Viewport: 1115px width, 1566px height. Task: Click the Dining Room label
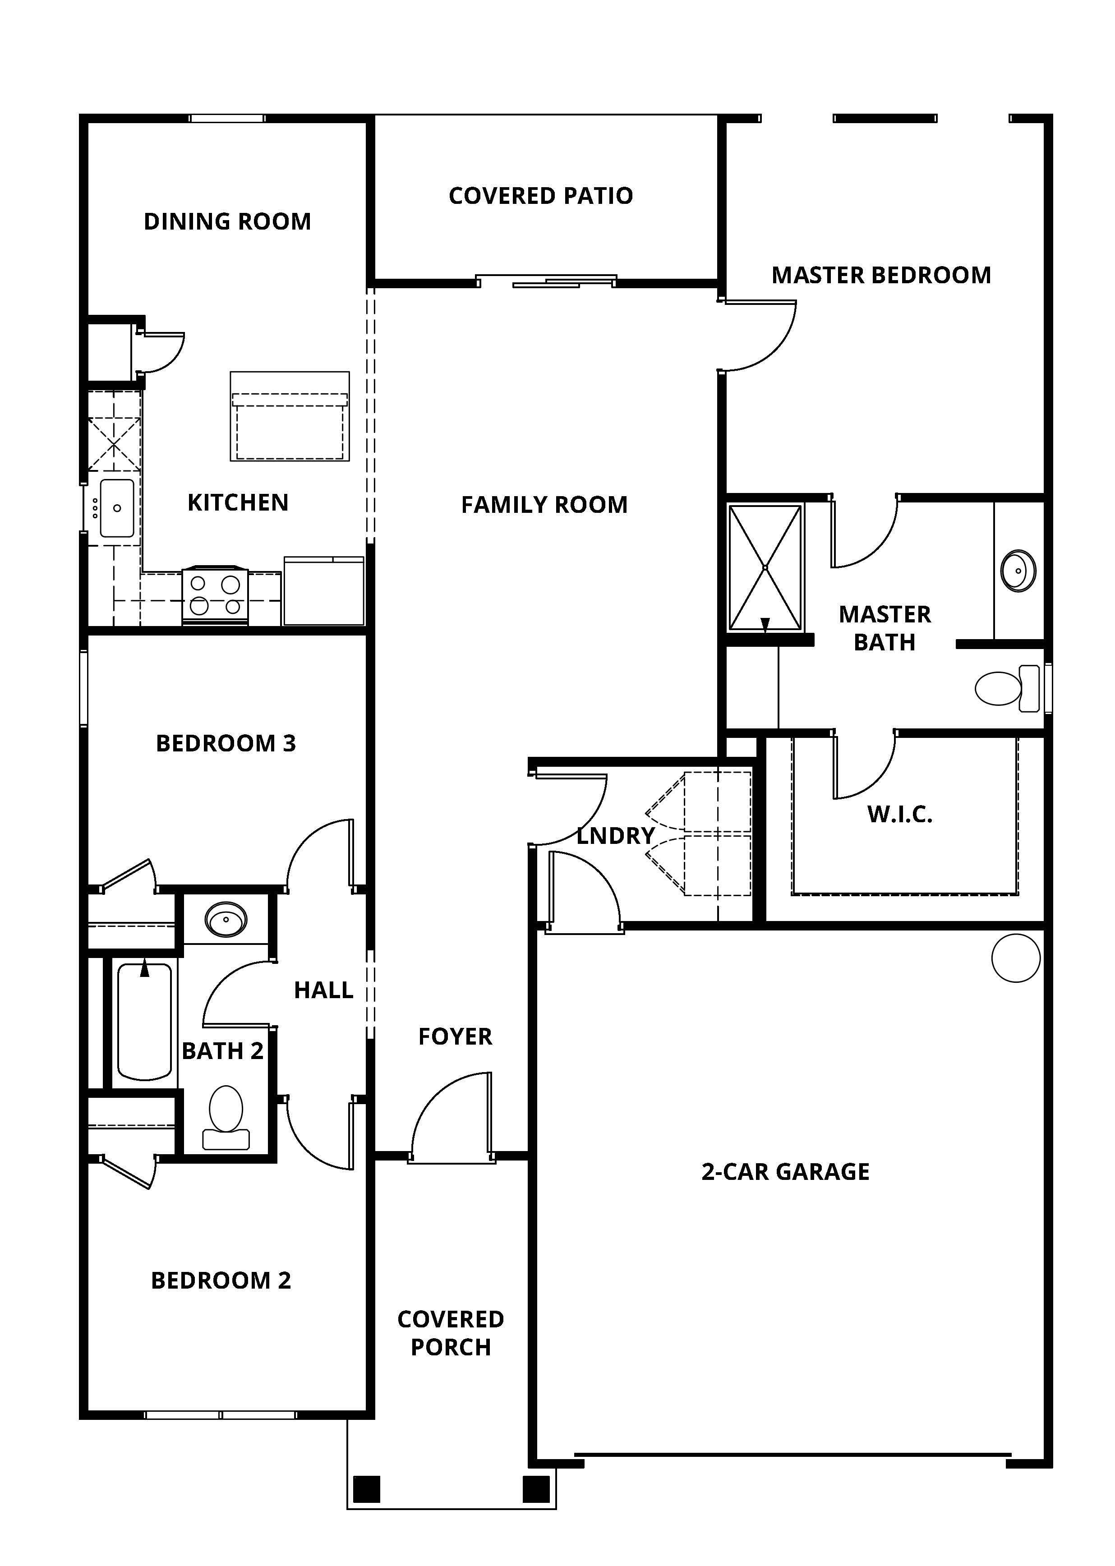coord(227,222)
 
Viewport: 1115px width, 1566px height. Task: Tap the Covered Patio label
coord(540,196)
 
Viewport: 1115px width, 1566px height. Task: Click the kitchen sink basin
coord(117,508)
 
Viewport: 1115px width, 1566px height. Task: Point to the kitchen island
coord(290,416)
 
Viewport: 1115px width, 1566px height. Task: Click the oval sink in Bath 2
coord(226,919)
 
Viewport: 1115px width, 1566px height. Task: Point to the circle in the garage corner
coord(1015,958)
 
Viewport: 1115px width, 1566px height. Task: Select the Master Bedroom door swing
coord(759,335)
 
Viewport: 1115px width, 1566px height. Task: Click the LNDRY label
coord(615,835)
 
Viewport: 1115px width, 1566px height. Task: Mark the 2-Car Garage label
coord(785,1172)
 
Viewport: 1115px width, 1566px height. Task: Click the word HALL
coord(323,990)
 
